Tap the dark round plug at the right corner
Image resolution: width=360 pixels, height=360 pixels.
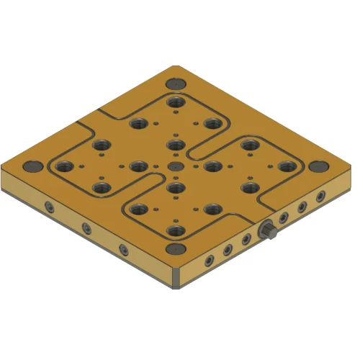pyautogui.click(x=315, y=166)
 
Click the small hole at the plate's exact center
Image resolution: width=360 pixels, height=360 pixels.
pyautogui.click(x=174, y=166)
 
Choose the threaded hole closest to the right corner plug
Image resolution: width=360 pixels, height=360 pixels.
pyautogui.click(x=286, y=166)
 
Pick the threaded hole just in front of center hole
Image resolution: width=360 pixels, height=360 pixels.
pyautogui.click(x=174, y=189)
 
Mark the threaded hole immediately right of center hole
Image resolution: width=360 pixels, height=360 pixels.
pyautogui.click(x=212, y=166)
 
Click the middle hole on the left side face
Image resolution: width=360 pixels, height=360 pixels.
pyautogui.click(x=86, y=228)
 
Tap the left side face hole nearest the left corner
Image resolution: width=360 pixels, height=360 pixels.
pyautogui.click(x=49, y=207)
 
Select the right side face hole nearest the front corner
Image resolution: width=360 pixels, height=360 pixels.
pyautogui.click(x=209, y=258)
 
